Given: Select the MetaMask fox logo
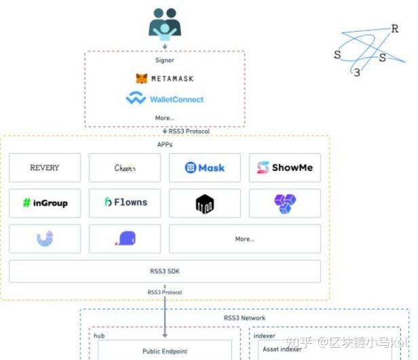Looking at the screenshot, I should click(141, 79).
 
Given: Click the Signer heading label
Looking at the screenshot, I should click(164, 60).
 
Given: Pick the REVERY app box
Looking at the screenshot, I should click(45, 167).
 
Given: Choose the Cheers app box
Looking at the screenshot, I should click(125, 167).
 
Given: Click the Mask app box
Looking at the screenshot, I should click(204, 167).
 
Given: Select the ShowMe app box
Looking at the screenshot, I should click(284, 167).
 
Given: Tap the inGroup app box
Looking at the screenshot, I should click(45, 203).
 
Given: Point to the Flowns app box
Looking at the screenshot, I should click(125, 203).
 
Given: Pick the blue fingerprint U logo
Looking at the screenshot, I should click(45, 239).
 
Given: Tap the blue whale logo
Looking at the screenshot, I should click(125, 239).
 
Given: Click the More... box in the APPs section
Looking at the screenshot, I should click(244, 239).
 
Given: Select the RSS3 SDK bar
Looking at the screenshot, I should click(164, 271).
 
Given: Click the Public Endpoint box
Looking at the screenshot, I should click(164, 351).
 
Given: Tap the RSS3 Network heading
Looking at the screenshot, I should click(244, 317).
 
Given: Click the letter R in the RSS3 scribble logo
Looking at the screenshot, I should click(395, 28).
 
